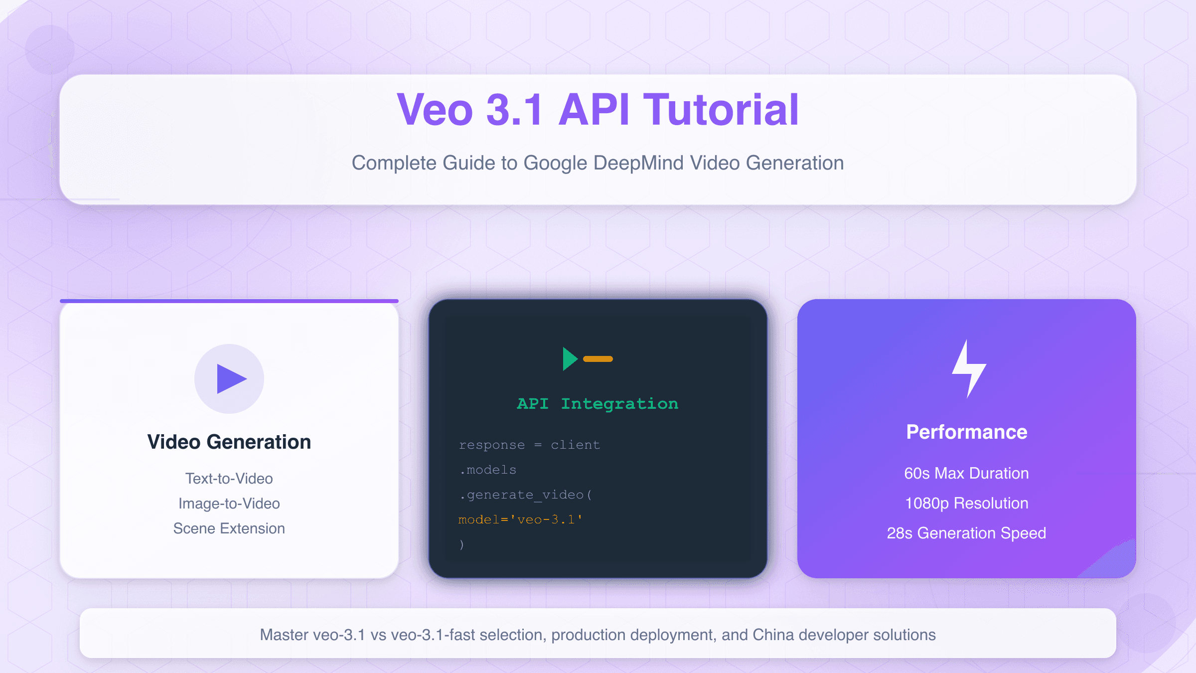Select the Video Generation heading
click(x=229, y=442)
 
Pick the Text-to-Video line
click(x=229, y=479)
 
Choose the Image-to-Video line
click(x=229, y=504)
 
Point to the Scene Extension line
click(x=229, y=528)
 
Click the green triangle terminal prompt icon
click(x=570, y=359)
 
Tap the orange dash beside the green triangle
click(x=598, y=359)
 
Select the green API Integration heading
click(x=598, y=403)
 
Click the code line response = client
click(x=529, y=445)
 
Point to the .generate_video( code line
click(x=526, y=495)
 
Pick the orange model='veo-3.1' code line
click(x=520, y=519)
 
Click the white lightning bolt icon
click(x=968, y=369)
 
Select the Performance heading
click(x=967, y=432)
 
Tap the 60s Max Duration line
click(x=967, y=473)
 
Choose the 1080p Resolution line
click(x=967, y=503)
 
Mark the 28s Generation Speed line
click(x=967, y=533)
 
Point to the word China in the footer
click(x=774, y=635)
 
